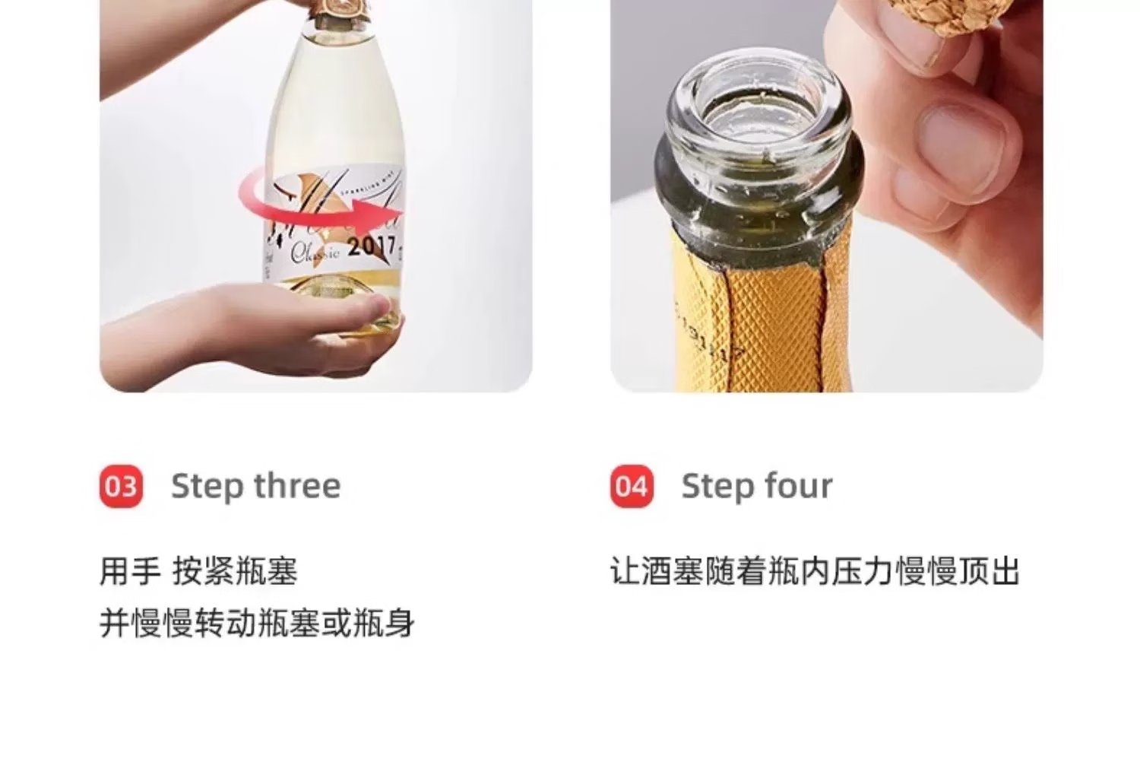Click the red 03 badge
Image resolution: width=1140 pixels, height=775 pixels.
click(x=121, y=486)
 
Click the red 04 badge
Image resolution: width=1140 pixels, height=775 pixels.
click(x=632, y=486)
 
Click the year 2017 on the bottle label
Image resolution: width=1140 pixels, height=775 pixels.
click(x=372, y=246)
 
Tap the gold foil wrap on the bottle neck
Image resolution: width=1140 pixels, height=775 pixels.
click(x=760, y=319)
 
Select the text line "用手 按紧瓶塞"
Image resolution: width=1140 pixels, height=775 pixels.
click(x=198, y=572)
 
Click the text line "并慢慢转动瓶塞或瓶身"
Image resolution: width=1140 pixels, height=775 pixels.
click(x=257, y=623)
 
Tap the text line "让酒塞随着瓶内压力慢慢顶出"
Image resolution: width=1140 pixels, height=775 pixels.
click(x=814, y=572)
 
